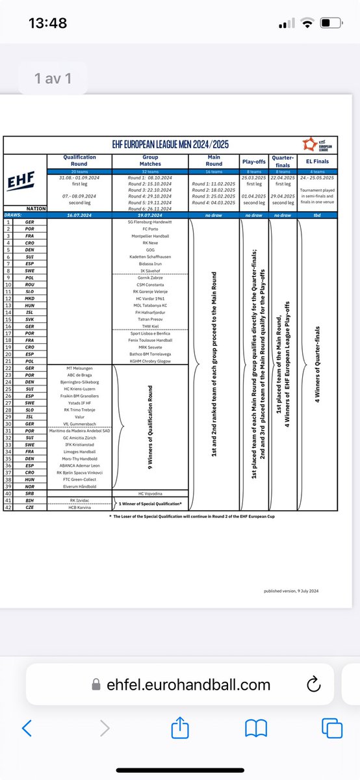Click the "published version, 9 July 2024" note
292,591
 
